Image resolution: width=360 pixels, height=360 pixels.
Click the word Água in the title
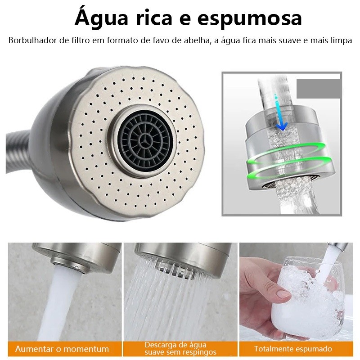click(101, 18)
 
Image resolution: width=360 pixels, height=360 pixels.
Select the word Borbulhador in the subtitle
click(32, 40)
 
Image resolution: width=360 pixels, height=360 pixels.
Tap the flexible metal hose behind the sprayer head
click(18, 152)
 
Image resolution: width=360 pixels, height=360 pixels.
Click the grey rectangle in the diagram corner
click(318, 89)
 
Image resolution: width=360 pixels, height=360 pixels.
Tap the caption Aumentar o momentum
click(62, 349)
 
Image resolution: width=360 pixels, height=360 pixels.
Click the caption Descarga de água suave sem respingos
click(180, 348)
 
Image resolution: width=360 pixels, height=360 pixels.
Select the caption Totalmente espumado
click(293, 349)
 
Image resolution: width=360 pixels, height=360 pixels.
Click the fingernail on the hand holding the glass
click(283, 294)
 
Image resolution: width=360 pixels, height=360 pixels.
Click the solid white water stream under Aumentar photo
click(59, 306)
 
